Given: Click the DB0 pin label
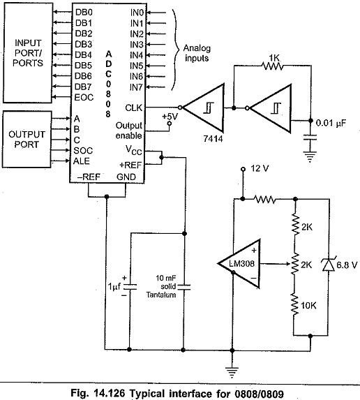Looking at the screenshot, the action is (x=84, y=13).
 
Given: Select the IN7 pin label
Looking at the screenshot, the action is (x=136, y=87).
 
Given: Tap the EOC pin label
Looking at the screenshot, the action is (x=84, y=98).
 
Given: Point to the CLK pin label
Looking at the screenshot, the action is (x=133, y=108).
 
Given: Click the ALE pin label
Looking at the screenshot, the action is (x=82, y=161).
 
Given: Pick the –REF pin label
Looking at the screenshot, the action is (x=89, y=177).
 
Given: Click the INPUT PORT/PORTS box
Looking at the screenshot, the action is (x=28, y=53).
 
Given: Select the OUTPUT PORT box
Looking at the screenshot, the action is (x=27, y=140).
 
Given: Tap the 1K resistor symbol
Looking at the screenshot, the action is (x=273, y=66).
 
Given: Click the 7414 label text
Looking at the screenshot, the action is (x=213, y=139).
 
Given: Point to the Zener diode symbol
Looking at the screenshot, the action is (x=329, y=265).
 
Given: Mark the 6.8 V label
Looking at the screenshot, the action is (x=347, y=265).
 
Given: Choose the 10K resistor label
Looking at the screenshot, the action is (x=308, y=305).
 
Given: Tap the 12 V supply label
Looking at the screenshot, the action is (x=260, y=169).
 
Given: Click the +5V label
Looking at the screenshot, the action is (x=170, y=117).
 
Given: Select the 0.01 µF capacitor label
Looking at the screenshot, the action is (x=331, y=123).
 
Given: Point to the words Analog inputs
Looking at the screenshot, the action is (x=197, y=53).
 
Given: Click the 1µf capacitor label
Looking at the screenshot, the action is (x=114, y=287).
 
